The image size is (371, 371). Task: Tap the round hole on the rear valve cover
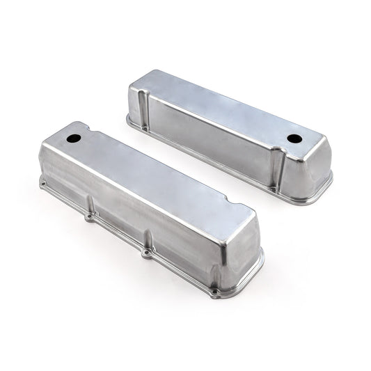coord(294,139)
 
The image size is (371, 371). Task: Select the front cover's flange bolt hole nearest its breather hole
coord(43,185)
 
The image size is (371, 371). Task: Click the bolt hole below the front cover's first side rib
coord(89,217)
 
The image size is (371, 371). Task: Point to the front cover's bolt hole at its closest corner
coord(216,293)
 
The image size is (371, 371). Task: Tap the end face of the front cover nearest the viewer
coord(240,258)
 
